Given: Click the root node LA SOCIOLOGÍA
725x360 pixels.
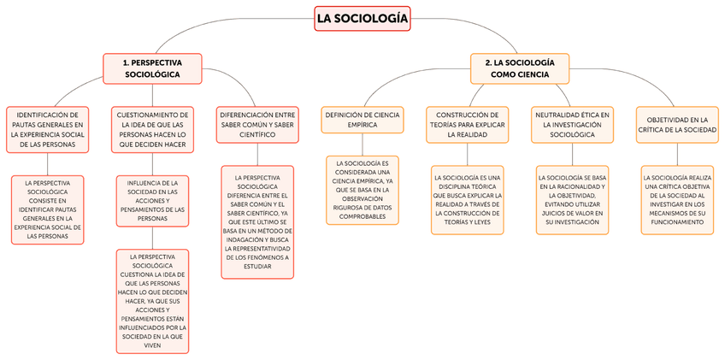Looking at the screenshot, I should tap(362, 18).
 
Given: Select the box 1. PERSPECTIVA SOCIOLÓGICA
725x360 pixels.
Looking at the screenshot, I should tap(151, 68).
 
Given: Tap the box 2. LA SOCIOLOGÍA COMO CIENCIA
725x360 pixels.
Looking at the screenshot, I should tap(519, 68).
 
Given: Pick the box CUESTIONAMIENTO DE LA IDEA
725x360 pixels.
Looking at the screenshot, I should tap(152, 128).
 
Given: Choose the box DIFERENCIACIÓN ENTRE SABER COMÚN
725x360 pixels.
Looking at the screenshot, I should tap(256, 123).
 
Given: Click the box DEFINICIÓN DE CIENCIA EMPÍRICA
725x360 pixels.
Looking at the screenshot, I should tap(362, 119).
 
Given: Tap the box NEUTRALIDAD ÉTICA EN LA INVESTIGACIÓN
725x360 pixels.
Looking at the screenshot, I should tap(572, 123).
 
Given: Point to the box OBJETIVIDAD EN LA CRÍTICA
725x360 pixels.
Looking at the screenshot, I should tap(677, 123).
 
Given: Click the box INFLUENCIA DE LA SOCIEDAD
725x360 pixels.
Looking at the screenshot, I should tap(152, 201).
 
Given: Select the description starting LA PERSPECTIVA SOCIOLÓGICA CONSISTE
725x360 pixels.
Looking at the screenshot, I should tap(48, 210).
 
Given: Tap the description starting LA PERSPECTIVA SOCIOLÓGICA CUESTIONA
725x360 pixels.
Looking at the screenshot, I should tap(152, 301).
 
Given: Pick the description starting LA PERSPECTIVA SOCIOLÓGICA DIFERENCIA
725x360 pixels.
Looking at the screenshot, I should tap(256, 221).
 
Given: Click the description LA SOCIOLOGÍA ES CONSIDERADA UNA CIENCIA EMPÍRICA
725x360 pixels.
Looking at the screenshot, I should tap(362, 189).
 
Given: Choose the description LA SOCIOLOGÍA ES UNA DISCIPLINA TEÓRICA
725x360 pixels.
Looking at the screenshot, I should tap(467, 199).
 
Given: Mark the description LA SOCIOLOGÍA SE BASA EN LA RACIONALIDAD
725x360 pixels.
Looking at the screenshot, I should tap(572, 199).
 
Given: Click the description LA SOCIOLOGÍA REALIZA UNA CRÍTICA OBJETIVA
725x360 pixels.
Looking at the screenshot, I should tap(677, 199).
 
